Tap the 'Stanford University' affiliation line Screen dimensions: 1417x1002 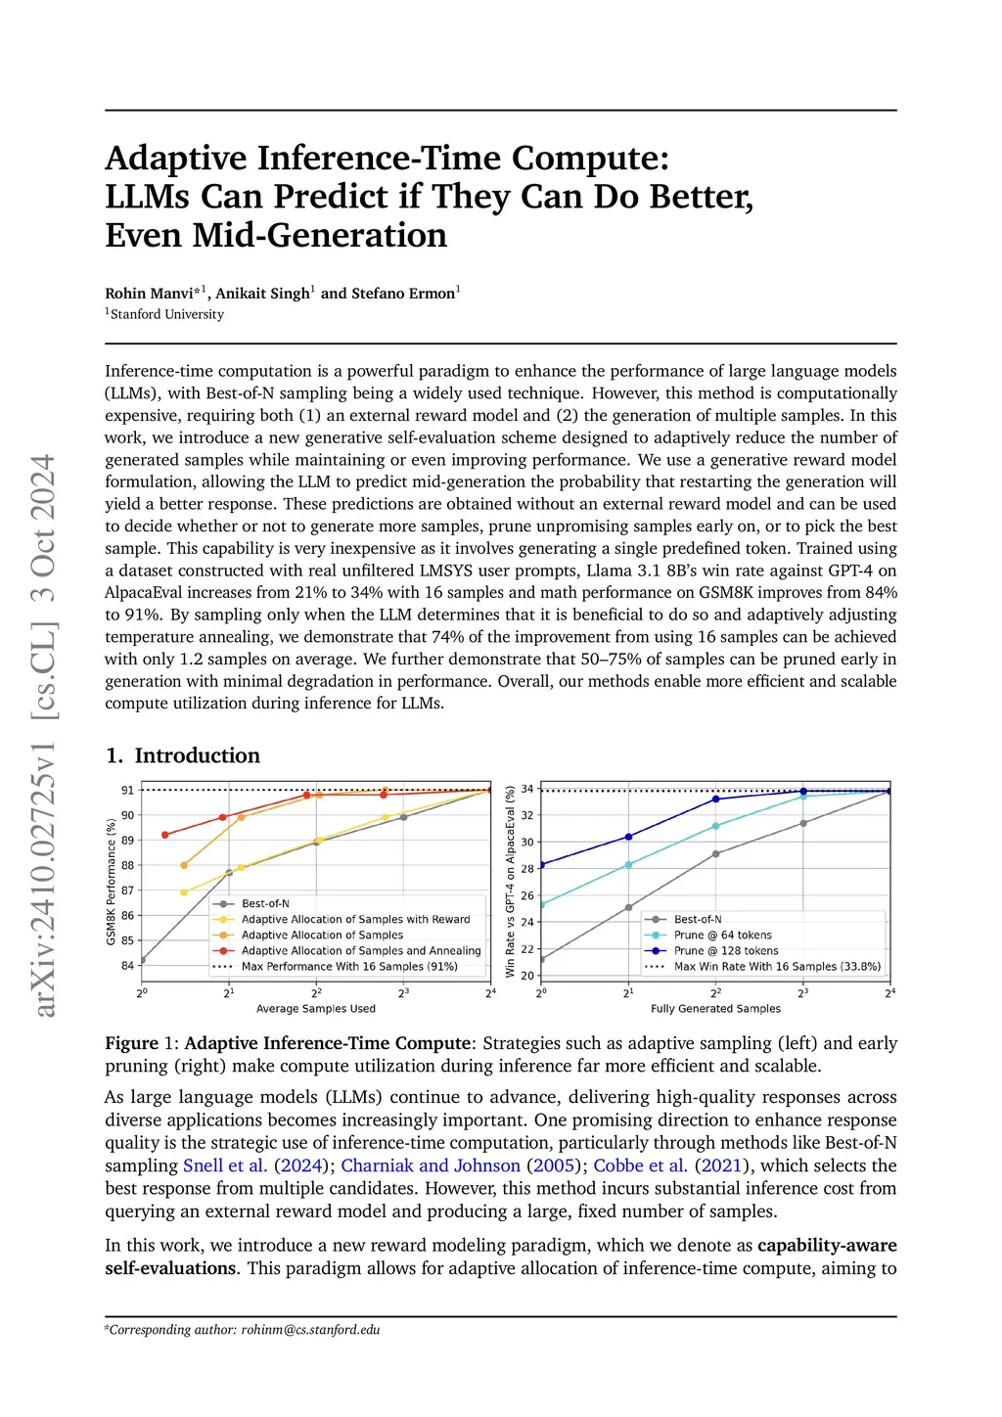166,314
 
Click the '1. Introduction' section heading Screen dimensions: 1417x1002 183,755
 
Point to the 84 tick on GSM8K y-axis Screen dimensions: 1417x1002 127,966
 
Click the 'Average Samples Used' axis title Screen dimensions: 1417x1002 315,1009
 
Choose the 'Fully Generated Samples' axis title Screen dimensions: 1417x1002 715,1009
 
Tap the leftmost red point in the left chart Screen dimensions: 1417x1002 165,835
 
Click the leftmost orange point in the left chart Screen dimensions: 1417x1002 184,865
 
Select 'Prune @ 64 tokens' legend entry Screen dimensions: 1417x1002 722,936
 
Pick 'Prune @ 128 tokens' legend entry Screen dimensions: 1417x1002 726,951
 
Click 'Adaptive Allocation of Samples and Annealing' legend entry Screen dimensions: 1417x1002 361,951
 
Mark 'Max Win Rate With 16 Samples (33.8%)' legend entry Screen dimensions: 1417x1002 777,967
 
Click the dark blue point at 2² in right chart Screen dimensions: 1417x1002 716,800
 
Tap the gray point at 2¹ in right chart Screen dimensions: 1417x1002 628,907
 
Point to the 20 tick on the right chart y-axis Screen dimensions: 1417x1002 527,976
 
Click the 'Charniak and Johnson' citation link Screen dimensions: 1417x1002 431,1166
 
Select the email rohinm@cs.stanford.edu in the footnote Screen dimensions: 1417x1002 311,1330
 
